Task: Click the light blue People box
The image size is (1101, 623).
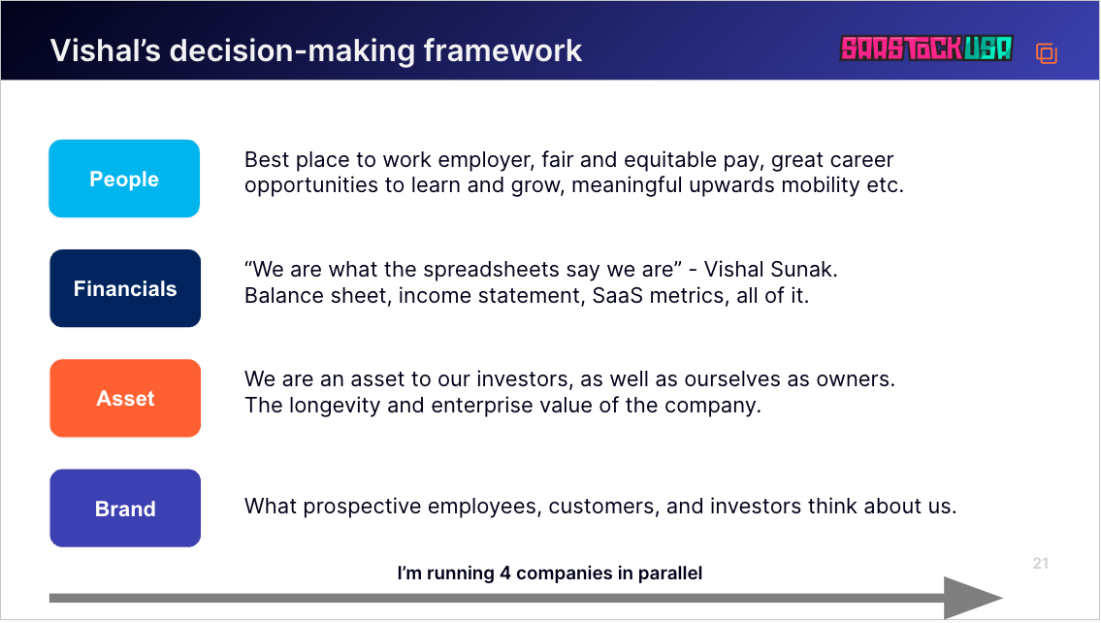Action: (124, 179)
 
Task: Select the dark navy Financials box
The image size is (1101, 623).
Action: (125, 288)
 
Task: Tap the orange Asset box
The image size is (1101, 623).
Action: (125, 398)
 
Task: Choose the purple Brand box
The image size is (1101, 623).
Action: (125, 508)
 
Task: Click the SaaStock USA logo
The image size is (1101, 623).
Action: (926, 49)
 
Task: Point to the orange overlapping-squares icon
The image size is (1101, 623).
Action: (1047, 53)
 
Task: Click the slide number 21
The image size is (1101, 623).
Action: (1041, 563)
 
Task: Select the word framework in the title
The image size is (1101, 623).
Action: (502, 50)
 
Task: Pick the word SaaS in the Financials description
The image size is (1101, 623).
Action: (617, 296)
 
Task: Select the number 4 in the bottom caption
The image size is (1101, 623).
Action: (504, 574)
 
